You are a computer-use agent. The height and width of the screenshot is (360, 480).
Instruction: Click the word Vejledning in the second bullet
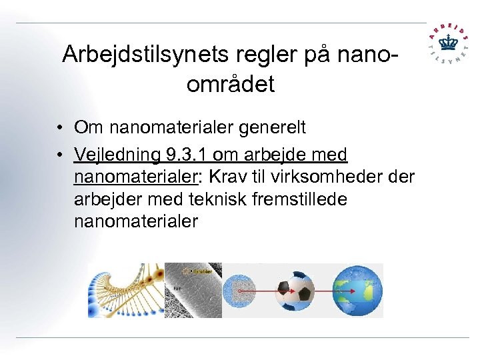tap(117, 155)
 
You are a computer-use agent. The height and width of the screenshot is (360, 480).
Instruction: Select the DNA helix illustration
tap(125, 290)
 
